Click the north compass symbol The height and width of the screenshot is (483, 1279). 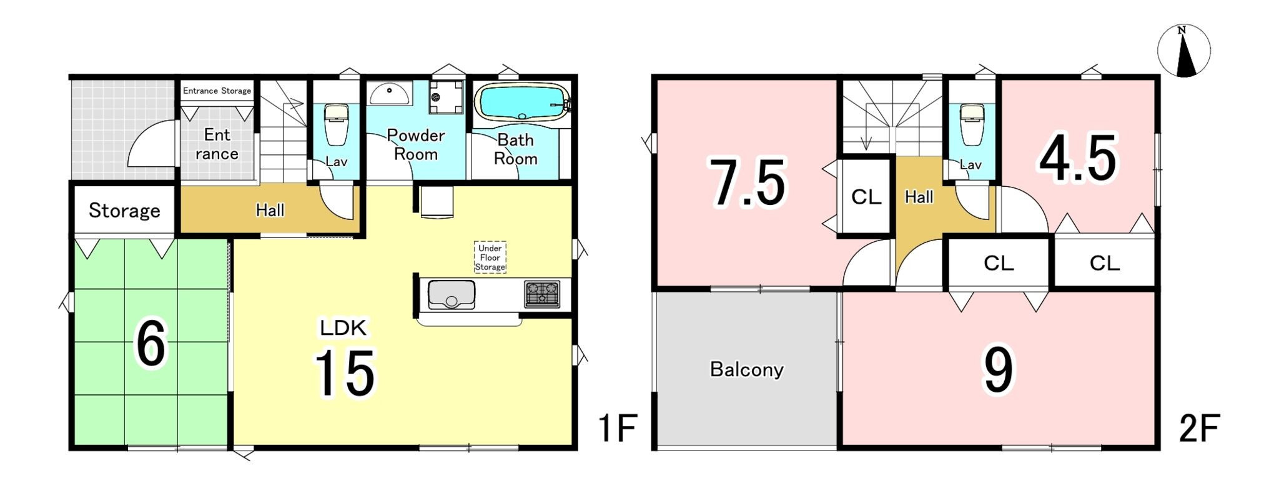coord(1183,51)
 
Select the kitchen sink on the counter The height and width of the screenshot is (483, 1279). coord(451,294)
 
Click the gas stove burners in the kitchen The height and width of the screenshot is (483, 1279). coord(541,294)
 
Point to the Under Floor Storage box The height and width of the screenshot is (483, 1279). coord(490,257)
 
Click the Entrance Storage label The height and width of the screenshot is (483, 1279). coord(217,91)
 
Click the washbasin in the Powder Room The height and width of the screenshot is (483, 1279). coord(390,94)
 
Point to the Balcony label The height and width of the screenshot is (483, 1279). coord(747,369)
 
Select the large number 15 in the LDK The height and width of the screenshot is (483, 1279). coord(345,373)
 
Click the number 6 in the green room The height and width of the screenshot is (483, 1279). coord(151,344)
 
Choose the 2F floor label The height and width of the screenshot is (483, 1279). coord(1199,429)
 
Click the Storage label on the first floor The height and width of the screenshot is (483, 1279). coord(124,211)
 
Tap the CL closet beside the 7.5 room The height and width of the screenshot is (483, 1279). coord(866,197)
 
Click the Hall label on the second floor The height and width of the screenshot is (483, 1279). coord(919,197)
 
